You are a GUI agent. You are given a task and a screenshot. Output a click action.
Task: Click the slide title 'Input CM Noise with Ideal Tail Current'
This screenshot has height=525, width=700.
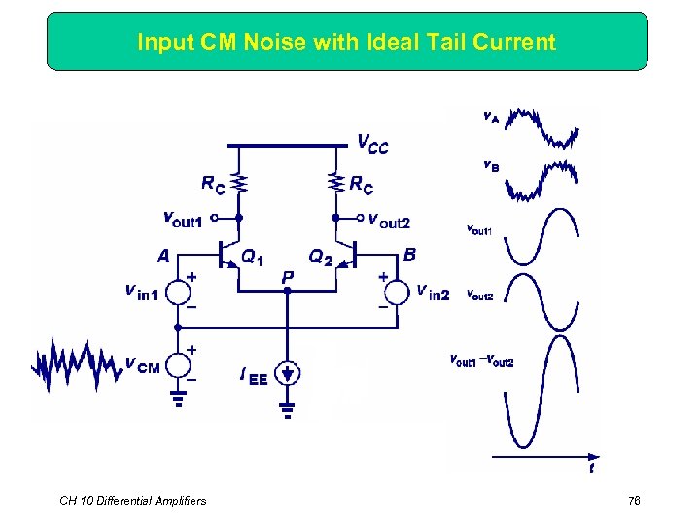tap(347, 42)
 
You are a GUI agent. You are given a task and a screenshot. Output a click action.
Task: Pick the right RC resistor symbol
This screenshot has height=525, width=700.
tap(336, 183)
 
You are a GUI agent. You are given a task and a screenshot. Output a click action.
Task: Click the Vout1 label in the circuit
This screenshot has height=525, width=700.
tap(183, 219)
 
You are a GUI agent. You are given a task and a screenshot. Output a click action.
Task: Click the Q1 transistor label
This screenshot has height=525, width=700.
tap(252, 257)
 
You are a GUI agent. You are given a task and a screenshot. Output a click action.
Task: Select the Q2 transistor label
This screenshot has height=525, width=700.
tap(320, 257)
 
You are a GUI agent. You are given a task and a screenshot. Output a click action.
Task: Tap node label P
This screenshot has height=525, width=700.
tap(287, 278)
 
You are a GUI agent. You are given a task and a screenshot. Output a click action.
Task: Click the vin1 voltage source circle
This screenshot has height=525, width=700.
tap(177, 291)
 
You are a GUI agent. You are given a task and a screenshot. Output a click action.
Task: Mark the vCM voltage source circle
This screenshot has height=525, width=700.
tap(177, 365)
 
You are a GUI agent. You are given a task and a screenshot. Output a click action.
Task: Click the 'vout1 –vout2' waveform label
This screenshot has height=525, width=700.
tap(480, 361)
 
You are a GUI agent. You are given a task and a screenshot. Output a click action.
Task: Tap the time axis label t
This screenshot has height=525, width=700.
tap(592, 469)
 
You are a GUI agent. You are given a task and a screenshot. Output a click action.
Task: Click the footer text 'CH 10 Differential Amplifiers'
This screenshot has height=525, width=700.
tap(133, 501)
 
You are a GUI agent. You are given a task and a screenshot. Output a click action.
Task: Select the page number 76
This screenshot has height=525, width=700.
tap(634, 501)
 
